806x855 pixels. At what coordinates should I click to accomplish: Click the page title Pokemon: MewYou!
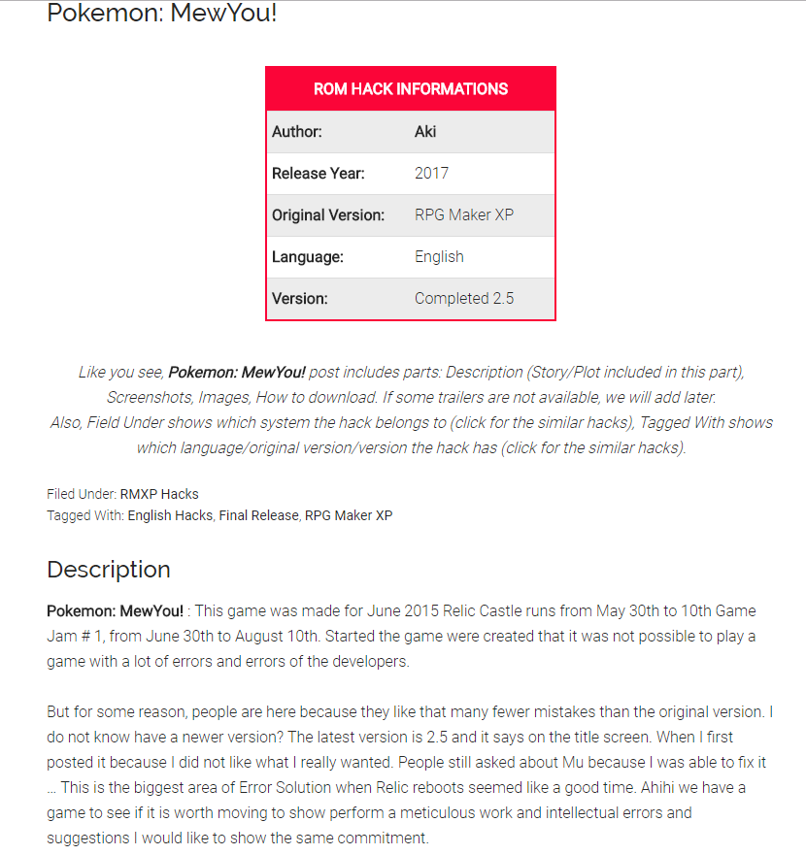[x=162, y=15]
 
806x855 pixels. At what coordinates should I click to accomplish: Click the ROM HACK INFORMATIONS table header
[x=410, y=89]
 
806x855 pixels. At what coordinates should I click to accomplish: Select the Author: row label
[x=297, y=132]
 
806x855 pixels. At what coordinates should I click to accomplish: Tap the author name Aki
[x=425, y=132]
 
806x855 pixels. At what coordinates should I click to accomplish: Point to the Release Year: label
[x=319, y=174]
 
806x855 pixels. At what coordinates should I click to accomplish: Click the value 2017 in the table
[x=431, y=174]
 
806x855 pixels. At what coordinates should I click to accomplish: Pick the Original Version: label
[x=328, y=215]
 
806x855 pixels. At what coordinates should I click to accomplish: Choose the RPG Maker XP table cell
[x=464, y=215]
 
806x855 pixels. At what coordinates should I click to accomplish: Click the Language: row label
[x=308, y=257]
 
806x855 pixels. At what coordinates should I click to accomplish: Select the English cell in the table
[x=439, y=257]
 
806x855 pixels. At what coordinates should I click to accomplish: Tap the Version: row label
[x=300, y=299]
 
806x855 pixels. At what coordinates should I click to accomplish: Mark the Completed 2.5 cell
[x=464, y=299]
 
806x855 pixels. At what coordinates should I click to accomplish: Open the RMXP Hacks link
[x=159, y=494]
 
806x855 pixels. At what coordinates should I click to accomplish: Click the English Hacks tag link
[x=170, y=515]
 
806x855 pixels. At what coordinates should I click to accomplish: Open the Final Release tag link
[x=258, y=515]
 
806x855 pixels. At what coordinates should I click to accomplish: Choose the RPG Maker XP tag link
[x=349, y=515]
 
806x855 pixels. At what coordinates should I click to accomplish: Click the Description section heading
[x=109, y=570]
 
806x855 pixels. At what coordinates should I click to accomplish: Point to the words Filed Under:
[x=82, y=494]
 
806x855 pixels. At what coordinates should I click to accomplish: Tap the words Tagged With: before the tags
[x=85, y=515]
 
